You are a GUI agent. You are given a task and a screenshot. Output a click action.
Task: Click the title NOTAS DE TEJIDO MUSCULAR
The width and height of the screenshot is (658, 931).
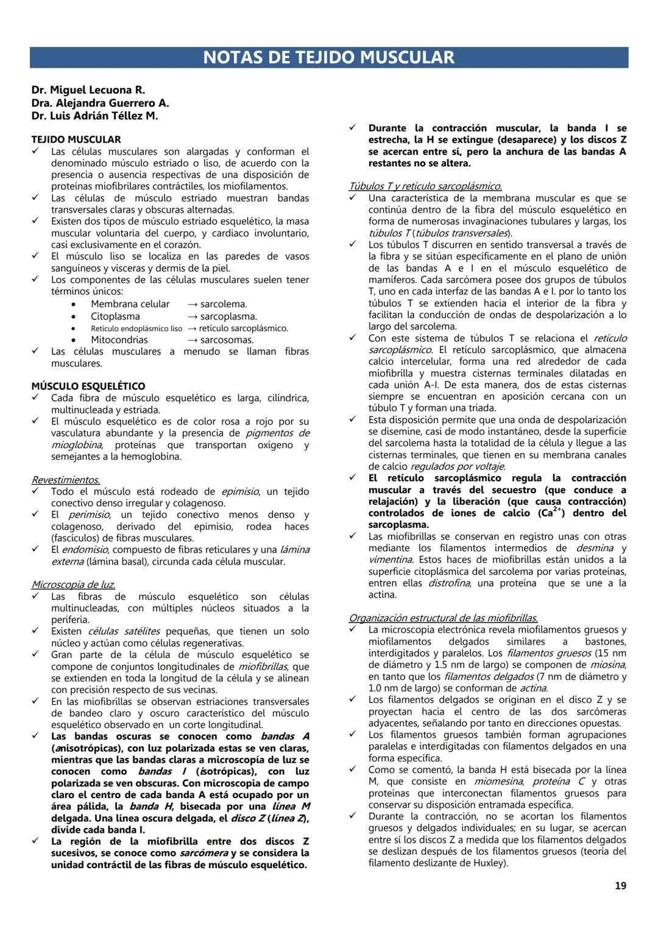[x=328, y=57]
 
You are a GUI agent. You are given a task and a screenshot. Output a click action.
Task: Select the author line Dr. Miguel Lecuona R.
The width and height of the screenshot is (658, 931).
[x=88, y=90]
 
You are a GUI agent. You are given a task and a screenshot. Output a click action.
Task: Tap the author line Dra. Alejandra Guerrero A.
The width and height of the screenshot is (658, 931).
[x=100, y=103]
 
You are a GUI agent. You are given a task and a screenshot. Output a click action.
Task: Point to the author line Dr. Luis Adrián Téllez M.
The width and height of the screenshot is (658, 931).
[x=94, y=116]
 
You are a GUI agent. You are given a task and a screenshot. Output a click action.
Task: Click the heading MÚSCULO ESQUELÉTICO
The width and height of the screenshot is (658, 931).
[x=88, y=386]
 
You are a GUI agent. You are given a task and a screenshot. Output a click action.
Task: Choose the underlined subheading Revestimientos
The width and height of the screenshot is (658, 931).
[x=66, y=480]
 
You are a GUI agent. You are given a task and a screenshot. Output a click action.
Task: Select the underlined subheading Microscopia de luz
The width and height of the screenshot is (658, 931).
[x=73, y=585]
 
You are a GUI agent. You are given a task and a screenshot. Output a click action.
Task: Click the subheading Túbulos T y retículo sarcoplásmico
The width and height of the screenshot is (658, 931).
[x=425, y=186]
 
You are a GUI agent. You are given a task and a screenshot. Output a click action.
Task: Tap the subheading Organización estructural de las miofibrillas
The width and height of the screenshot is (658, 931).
[x=443, y=618]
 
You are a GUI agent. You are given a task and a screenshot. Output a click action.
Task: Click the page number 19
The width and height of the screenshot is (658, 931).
[x=620, y=886]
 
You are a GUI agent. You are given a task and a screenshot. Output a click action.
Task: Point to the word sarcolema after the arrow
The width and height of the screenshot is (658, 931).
[x=224, y=304]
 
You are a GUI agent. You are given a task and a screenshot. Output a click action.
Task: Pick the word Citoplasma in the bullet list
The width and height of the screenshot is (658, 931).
[x=115, y=316]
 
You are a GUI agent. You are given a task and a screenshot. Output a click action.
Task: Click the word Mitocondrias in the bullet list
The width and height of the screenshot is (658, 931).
[x=119, y=340]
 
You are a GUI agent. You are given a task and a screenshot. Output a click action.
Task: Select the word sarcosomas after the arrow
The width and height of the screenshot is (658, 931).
[x=227, y=340]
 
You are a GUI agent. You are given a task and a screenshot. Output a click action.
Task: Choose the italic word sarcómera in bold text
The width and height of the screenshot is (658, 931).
[x=203, y=853]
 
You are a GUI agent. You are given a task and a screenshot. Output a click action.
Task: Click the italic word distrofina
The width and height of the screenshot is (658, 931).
[x=448, y=583]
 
